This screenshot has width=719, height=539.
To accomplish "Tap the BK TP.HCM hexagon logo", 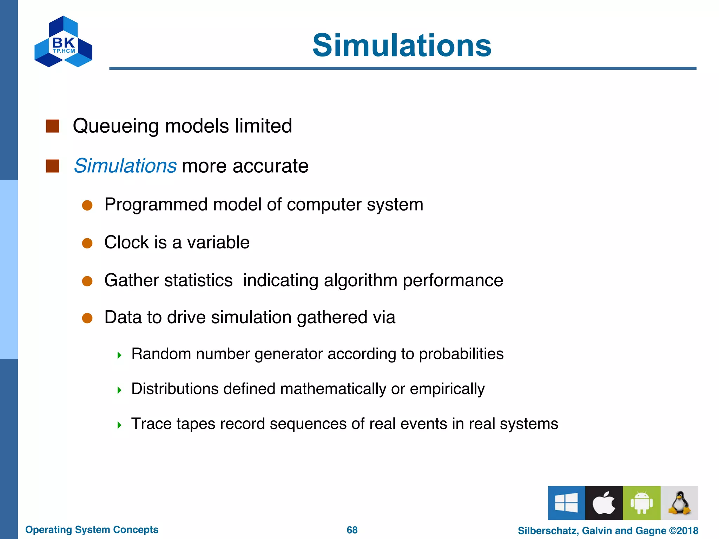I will point(63,42).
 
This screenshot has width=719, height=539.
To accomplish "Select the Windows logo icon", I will point(566,503).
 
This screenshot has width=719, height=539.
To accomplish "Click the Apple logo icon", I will point(604,503).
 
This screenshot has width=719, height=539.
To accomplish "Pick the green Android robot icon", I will point(641,503).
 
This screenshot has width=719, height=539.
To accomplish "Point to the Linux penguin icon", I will point(679,503).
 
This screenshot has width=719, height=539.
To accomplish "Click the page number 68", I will point(352,530).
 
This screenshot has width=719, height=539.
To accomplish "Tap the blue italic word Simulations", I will point(125,166).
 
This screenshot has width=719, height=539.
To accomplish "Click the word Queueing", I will point(116,126).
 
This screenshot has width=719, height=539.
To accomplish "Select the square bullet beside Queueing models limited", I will point(53,126).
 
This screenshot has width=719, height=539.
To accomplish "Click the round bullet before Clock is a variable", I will point(87,243).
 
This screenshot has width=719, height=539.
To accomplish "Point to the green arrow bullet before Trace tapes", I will point(119,425).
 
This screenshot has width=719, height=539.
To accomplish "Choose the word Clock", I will point(126,242).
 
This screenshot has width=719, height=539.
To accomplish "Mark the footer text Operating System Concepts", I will point(92,530).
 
